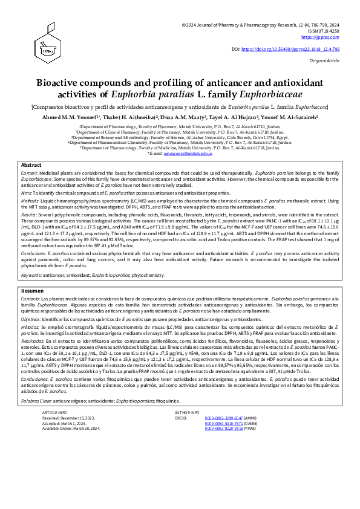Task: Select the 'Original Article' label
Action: click(x=327, y=60)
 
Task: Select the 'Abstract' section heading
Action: click(x=31, y=165)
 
